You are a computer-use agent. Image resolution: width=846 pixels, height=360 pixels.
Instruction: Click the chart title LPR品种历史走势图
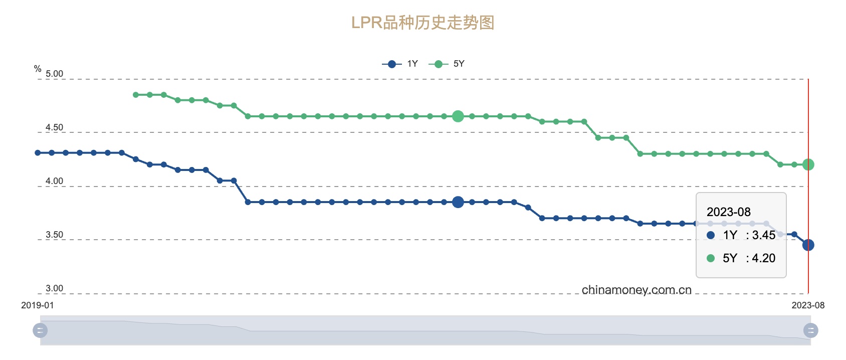[422, 23]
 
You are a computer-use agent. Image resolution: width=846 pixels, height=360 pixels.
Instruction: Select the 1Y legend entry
[401, 64]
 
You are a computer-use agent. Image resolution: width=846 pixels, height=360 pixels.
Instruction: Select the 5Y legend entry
[448, 64]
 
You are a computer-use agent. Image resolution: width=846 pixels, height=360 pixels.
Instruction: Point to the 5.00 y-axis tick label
[54, 74]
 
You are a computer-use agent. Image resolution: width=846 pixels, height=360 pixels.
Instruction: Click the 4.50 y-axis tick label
[54, 127]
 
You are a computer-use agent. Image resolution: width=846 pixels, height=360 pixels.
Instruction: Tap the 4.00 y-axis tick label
[54, 181]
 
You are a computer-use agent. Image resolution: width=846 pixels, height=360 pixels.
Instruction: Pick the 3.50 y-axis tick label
[54, 235]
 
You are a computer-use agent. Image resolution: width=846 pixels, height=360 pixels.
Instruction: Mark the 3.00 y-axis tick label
[54, 288]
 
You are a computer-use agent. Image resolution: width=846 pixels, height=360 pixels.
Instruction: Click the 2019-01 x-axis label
[37, 305]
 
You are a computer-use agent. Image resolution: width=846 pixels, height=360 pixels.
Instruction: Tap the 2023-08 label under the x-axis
[808, 305]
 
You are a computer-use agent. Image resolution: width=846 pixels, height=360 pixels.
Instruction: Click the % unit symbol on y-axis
[38, 69]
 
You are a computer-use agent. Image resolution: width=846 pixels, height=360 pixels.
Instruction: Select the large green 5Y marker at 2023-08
[808, 164]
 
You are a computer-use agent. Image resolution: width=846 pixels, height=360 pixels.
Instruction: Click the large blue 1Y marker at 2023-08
[808, 245]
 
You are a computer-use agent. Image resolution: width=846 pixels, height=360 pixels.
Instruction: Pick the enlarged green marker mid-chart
[458, 116]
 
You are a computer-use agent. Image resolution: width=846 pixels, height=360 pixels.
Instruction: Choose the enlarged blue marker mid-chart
[458, 202]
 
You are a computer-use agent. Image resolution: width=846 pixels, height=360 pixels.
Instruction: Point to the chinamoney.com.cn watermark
[637, 290]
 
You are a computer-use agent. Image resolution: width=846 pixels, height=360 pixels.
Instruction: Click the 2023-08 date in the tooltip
[729, 212]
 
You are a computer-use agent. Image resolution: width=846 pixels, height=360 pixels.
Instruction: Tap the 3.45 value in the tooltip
[763, 235]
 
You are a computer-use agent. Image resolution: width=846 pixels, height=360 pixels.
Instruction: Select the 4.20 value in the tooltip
[763, 258]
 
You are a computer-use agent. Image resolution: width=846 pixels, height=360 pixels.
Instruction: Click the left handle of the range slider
[40, 330]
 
